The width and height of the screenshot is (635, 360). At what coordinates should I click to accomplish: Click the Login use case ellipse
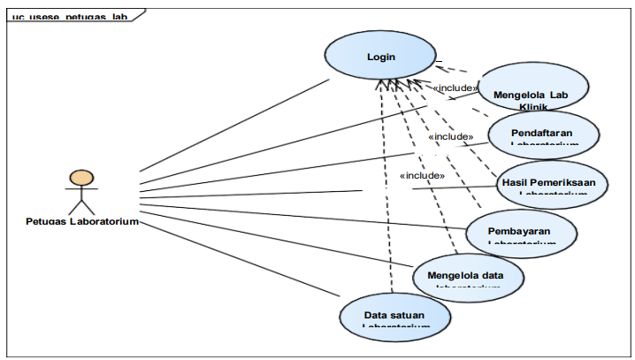(380, 57)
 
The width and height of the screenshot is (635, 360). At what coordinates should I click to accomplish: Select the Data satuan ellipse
(394, 316)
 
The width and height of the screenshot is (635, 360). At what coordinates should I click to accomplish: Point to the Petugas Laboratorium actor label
(81, 221)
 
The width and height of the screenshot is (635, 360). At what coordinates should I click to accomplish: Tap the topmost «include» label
(455, 88)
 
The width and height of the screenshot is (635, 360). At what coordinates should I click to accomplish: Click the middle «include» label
(450, 137)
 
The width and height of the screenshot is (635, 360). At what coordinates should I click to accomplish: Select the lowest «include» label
(422, 175)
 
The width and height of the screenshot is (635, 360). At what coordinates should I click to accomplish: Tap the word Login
(381, 57)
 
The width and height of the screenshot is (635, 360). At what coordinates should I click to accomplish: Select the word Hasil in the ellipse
(515, 181)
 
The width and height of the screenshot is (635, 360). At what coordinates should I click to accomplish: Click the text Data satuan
(394, 314)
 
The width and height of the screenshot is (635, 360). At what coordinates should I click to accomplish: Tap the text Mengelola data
(465, 274)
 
